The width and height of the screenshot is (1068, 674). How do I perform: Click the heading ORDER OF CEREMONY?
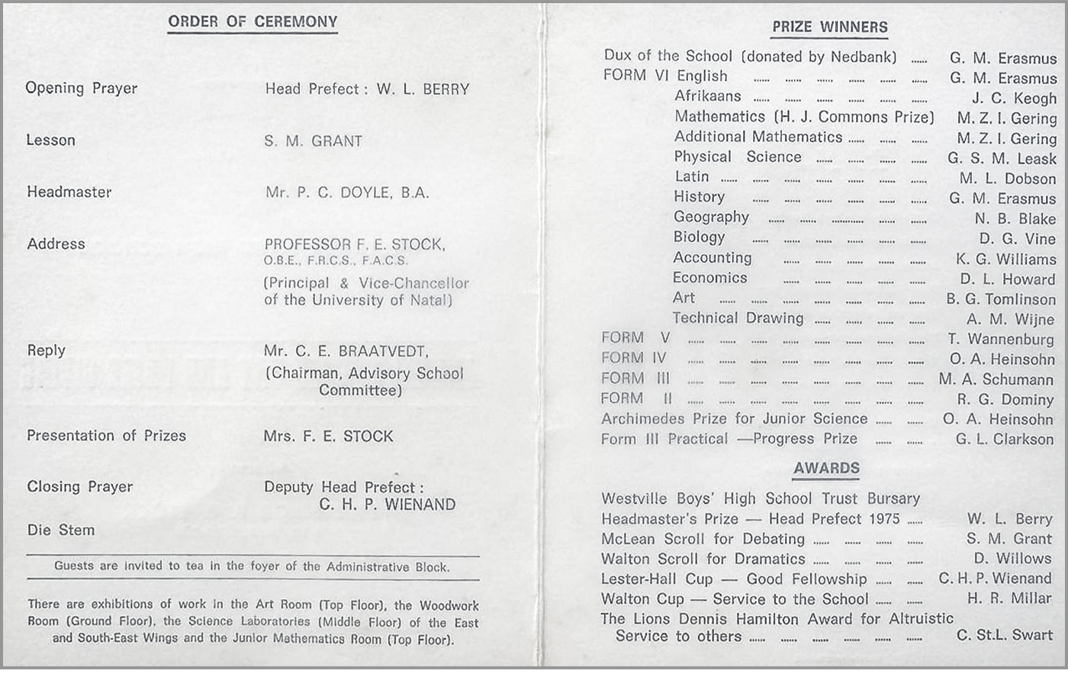pyautogui.click(x=253, y=22)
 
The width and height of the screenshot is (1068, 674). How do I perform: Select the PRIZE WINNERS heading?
pyautogui.click(x=829, y=27)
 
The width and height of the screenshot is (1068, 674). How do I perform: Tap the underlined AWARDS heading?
pyautogui.click(x=826, y=469)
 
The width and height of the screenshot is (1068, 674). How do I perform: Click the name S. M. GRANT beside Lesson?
pyautogui.click(x=313, y=141)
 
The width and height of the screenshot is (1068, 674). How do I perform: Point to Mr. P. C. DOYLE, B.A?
pyautogui.click(x=347, y=193)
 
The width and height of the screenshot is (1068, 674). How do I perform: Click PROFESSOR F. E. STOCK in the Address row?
pyautogui.click(x=355, y=245)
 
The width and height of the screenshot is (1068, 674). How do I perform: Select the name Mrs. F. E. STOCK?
pyautogui.click(x=328, y=437)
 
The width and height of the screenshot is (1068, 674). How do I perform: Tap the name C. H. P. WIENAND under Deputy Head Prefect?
pyautogui.click(x=387, y=505)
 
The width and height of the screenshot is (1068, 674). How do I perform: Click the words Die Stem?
pyautogui.click(x=61, y=530)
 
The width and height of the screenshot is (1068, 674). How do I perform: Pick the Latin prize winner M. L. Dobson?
pyautogui.click(x=1007, y=179)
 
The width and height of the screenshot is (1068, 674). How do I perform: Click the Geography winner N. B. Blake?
pyautogui.click(x=1015, y=219)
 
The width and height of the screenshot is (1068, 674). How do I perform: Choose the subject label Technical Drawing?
pyautogui.click(x=738, y=318)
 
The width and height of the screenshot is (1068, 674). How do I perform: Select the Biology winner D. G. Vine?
pyautogui.click(x=1017, y=239)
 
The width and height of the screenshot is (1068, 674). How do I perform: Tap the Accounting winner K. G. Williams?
pyautogui.click(x=1005, y=260)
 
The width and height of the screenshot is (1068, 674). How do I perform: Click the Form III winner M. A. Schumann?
pyautogui.click(x=996, y=379)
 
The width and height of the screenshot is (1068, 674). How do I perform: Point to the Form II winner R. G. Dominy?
pyautogui.click(x=1005, y=400)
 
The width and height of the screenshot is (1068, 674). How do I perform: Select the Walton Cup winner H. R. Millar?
pyautogui.click(x=1008, y=599)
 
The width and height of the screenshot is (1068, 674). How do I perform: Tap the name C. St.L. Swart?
pyautogui.click(x=1004, y=636)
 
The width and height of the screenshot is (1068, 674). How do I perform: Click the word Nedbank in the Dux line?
pyautogui.click(x=864, y=56)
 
